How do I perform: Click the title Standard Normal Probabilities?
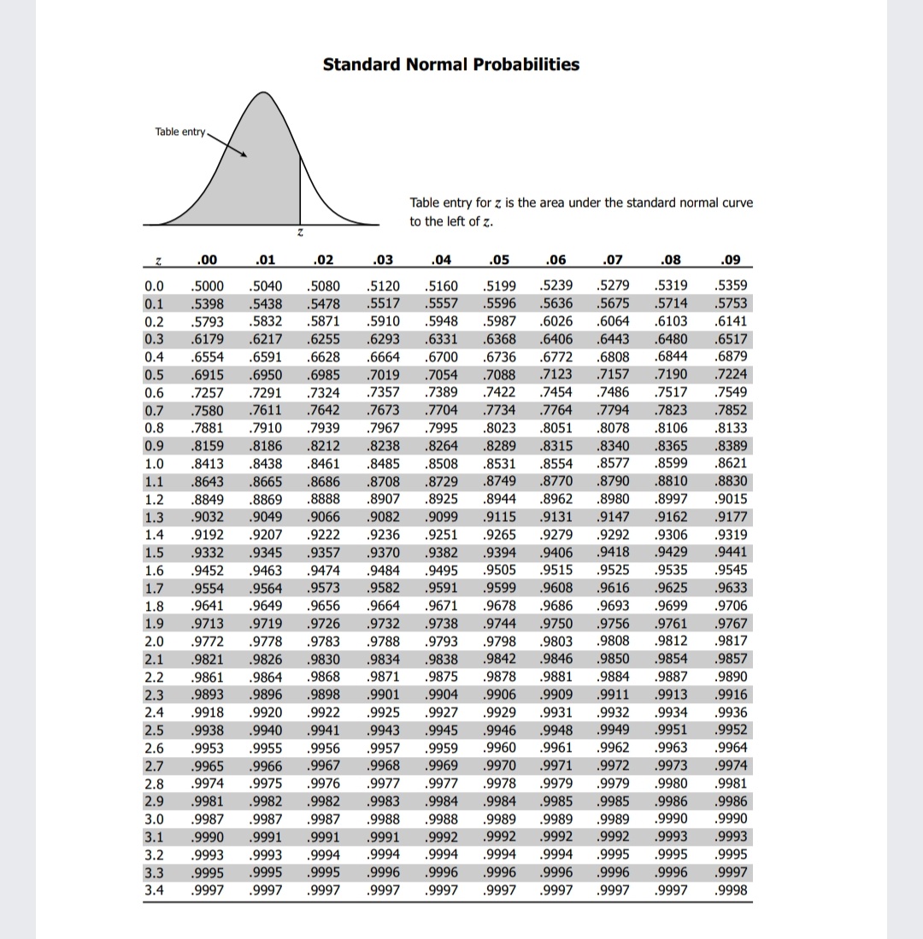click(450, 65)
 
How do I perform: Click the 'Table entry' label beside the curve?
click(179, 132)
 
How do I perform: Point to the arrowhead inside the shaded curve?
click(244, 156)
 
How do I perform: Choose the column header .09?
click(732, 261)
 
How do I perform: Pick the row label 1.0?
click(155, 465)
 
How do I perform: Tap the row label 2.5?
click(155, 731)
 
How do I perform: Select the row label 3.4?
click(155, 890)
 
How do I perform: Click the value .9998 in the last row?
click(733, 890)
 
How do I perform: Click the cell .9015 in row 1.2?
click(733, 499)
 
